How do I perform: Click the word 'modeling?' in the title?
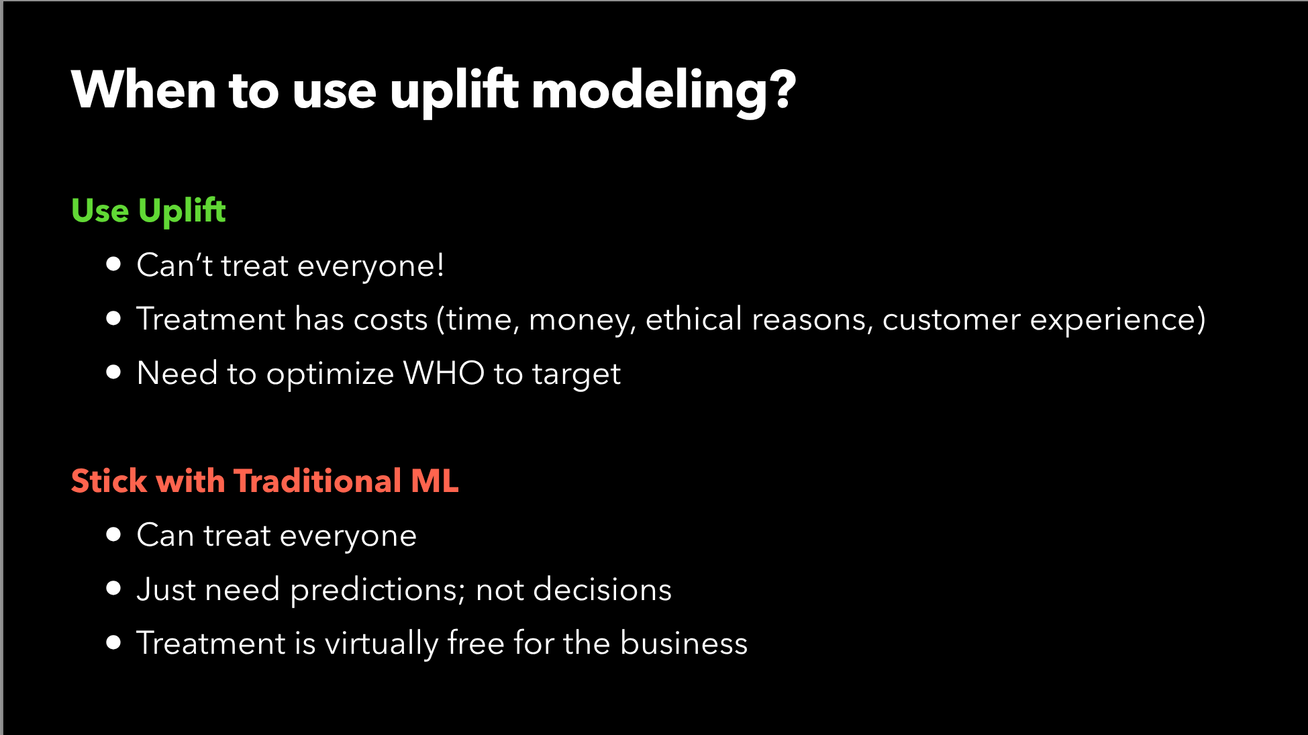click(664, 93)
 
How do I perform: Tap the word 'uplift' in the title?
click(454, 91)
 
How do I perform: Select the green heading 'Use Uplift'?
click(148, 211)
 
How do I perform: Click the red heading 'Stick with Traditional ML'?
click(265, 481)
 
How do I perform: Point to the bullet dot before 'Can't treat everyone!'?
click(113, 264)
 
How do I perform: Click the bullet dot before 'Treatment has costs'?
click(113, 318)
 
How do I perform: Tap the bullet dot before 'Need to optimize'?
click(113, 372)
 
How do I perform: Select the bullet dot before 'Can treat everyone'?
click(113, 534)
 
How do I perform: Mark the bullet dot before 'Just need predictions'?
click(113, 589)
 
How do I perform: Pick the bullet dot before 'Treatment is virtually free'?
click(113, 642)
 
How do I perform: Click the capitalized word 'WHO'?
click(444, 373)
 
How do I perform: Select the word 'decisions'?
click(602, 589)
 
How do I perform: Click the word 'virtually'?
click(381, 644)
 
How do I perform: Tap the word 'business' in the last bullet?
click(684, 642)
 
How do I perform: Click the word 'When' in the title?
click(143, 90)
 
